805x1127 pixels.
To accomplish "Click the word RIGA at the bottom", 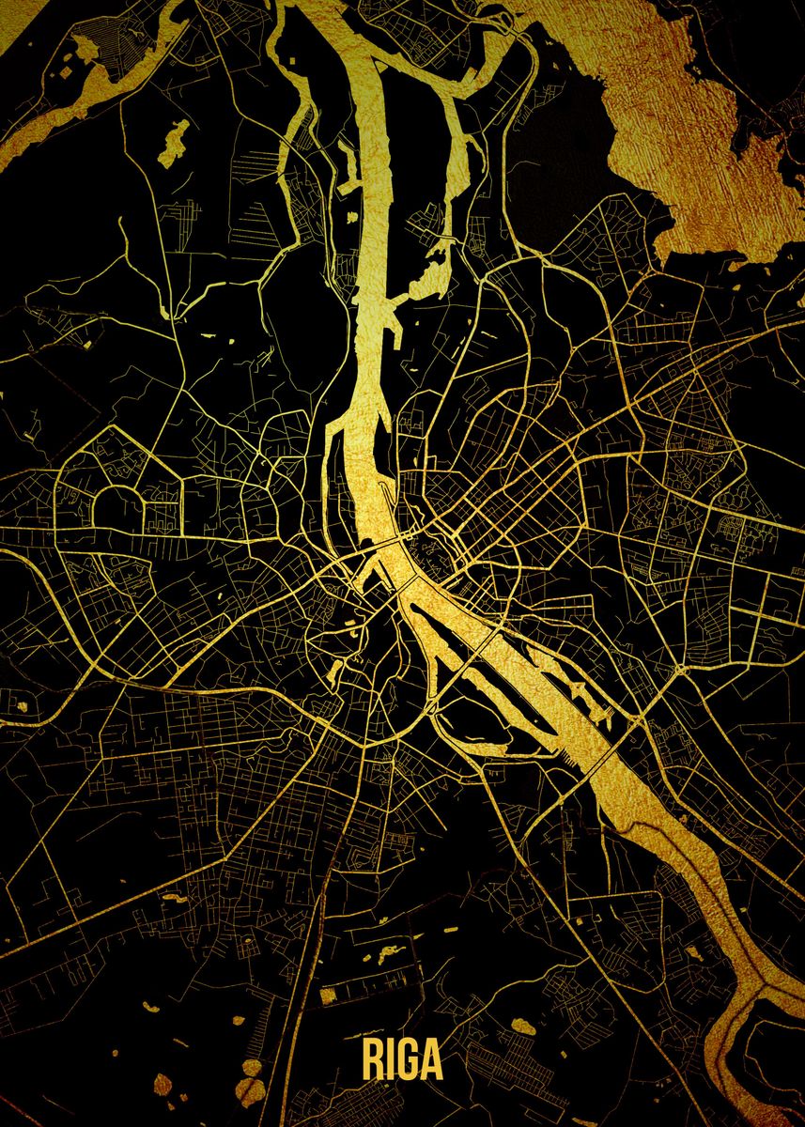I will coord(401,1059).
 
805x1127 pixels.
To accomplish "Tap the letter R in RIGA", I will coord(372,1059).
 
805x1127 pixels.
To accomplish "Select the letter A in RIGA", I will coord(431,1059).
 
